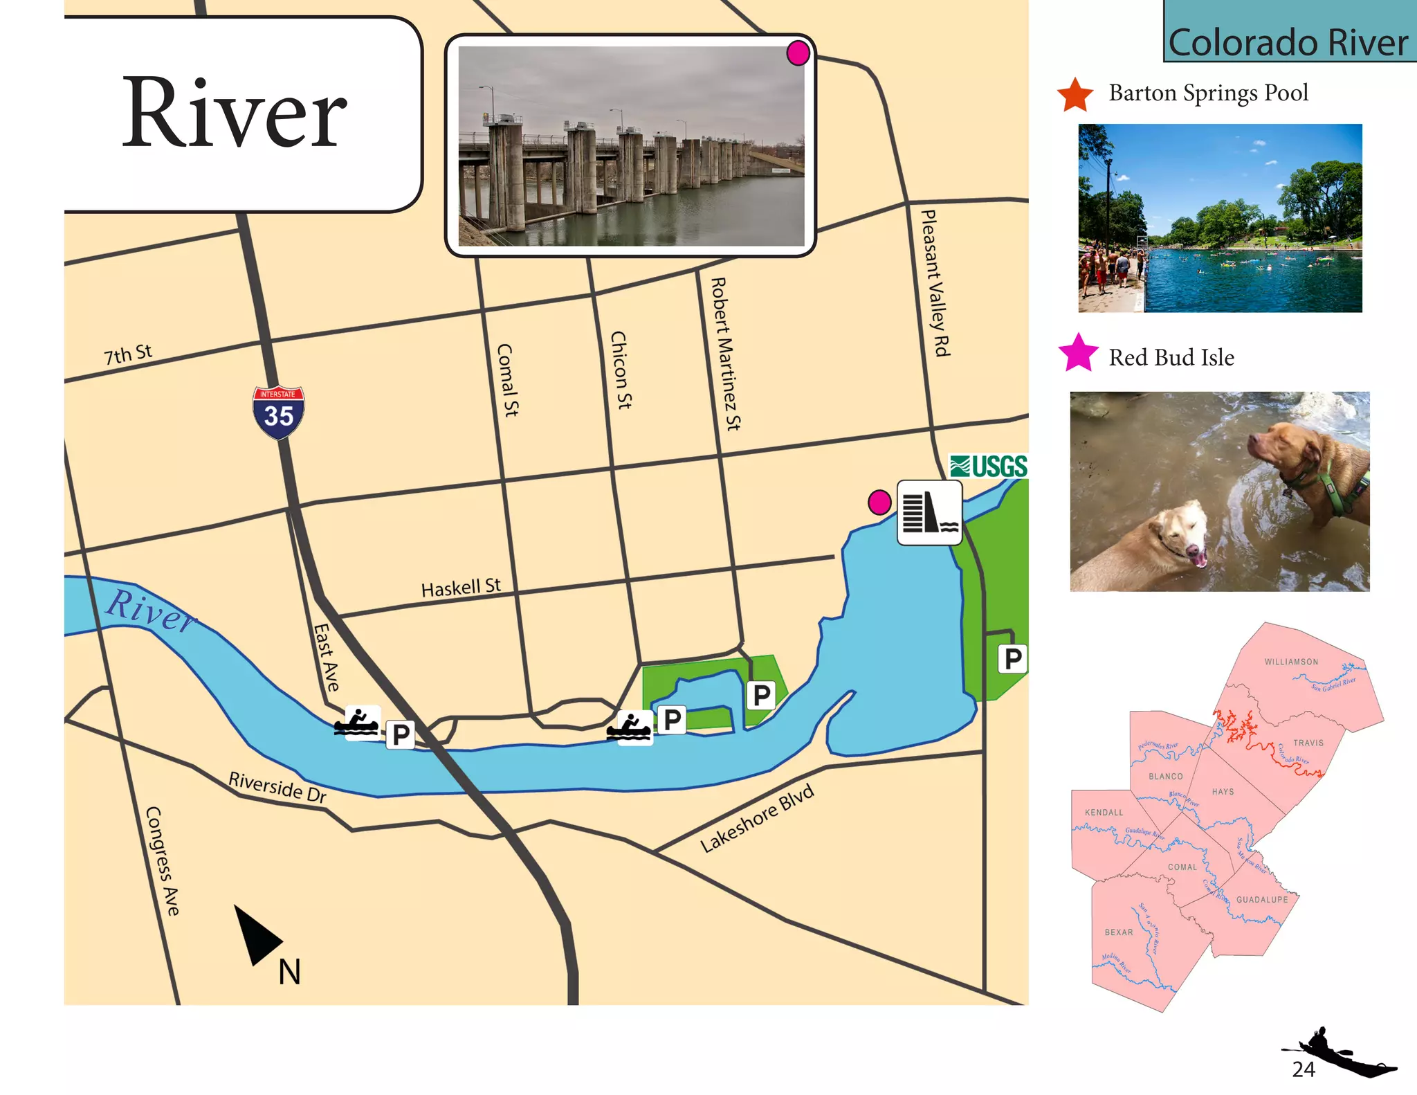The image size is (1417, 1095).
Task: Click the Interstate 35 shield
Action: pos(278,413)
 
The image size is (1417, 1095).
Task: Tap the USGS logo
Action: pos(988,467)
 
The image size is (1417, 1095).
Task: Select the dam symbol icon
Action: pos(929,513)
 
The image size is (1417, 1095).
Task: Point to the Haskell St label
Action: pos(461,588)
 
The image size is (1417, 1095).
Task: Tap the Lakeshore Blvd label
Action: pos(757,818)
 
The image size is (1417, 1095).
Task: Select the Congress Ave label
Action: pos(163,861)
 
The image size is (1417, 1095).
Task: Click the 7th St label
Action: pos(128,354)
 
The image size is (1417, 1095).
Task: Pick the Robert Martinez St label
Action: pos(726,354)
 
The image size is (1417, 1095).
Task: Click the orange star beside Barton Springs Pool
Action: pos(1075,95)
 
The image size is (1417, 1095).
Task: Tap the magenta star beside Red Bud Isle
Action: pos(1078,353)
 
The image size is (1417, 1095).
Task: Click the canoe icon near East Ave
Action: pos(357,723)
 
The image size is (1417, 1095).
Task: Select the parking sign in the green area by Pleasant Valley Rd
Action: pos(1012,658)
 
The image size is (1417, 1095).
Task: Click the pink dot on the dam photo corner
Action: pos(798,53)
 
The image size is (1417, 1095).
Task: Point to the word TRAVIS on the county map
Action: pos(1308,743)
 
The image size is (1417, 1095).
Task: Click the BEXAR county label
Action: pos(1119,932)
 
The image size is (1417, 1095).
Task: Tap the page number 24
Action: pos(1304,1069)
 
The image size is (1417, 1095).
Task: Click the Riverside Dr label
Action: pos(277,787)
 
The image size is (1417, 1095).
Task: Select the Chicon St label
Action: pos(621,370)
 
